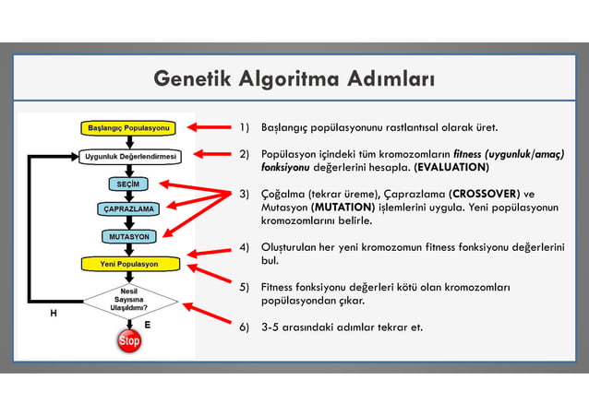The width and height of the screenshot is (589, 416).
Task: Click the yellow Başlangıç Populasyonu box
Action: point(128,126)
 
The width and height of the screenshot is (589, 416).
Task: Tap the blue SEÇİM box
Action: point(127,184)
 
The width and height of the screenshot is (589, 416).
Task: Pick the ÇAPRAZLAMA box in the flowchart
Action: point(127,209)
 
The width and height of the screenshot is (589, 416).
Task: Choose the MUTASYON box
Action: point(127,236)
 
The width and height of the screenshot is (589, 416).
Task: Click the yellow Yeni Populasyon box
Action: point(128,264)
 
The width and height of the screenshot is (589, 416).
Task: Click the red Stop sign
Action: point(129,342)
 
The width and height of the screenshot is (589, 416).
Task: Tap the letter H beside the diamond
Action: point(53,313)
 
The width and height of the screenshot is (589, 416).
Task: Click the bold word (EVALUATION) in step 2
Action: point(451,169)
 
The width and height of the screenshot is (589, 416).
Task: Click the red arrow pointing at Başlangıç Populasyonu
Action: point(209,126)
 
